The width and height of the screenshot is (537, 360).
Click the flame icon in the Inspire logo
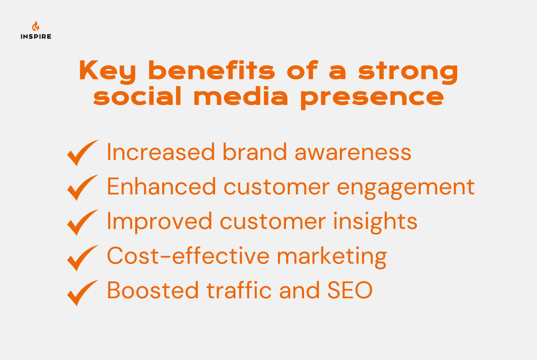(35, 26)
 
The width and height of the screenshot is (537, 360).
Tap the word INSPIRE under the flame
(36, 36)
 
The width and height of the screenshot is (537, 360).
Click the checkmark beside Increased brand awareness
(82, 152)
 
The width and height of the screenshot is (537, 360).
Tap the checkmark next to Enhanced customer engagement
(82, 187)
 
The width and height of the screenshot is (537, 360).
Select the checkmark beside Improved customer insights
(82, 222)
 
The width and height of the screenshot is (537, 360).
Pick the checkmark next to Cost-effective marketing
(82, 257)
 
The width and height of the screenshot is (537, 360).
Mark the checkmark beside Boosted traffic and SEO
(82, 292)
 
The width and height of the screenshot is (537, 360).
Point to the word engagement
(406, 187)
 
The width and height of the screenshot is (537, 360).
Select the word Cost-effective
(188, 256)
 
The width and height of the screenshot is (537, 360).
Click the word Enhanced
(161, 186)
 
